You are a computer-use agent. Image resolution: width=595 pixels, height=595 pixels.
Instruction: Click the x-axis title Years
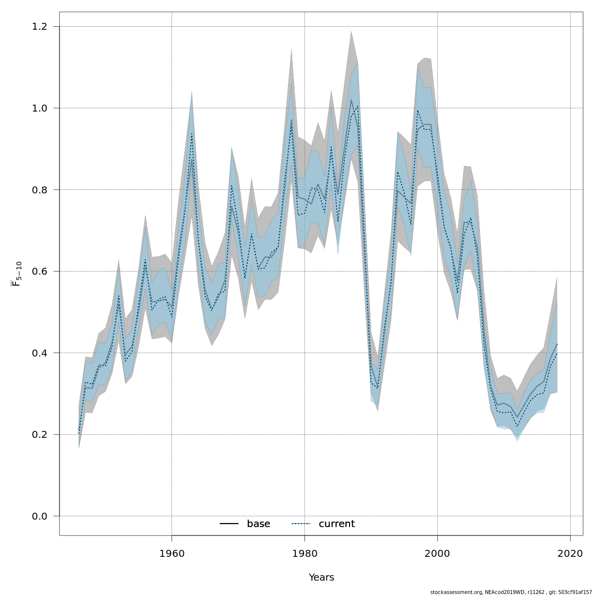coord(321,578)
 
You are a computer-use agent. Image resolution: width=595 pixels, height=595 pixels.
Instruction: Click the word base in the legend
coord(258,524)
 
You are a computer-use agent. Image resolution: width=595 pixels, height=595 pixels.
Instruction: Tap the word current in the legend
coord(337,524)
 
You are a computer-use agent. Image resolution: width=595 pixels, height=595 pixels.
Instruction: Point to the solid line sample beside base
coord(229,524)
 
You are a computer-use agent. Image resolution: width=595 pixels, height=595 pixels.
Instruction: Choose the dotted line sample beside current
coord(300,524)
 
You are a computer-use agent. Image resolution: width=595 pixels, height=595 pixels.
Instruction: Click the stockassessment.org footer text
coord(511,592)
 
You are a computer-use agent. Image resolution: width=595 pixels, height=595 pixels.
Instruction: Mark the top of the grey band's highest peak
coord(351,32)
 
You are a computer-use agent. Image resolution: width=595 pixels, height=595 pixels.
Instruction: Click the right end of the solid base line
coord(557,344)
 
